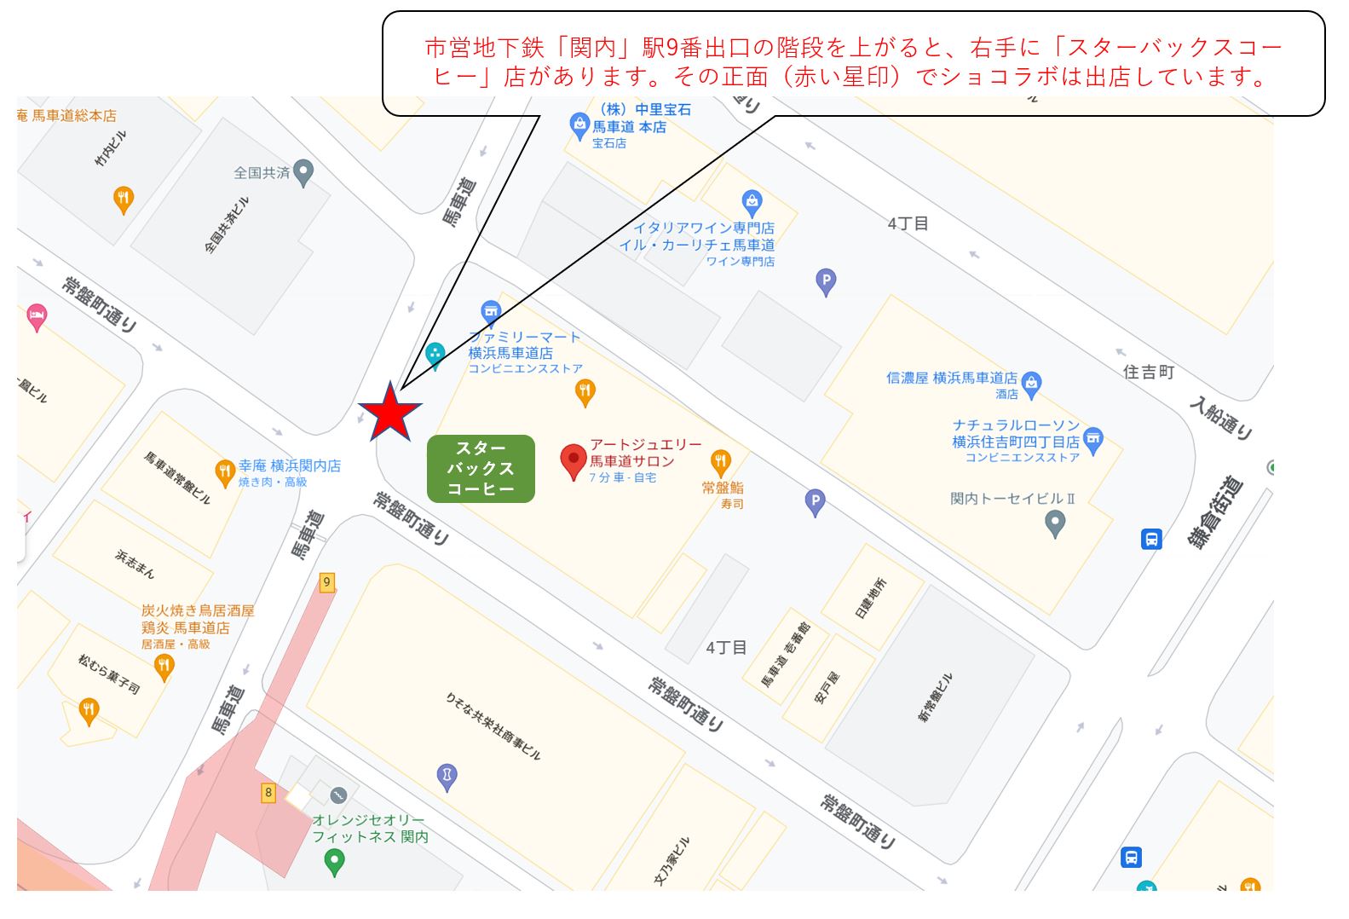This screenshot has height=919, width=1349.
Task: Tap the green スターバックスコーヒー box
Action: click(x=481, y=468)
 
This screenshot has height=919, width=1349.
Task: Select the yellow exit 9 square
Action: click(x=326, y=583)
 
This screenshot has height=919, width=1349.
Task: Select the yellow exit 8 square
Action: click(x=268, y=793)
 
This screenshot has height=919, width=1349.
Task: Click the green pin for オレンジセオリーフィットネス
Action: click(x=335, y=863)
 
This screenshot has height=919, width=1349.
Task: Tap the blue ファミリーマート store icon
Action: click(x=490, y=312)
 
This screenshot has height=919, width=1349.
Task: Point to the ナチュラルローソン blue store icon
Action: click(x=1093, y=440)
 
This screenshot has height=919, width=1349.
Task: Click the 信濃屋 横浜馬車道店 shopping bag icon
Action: click(x=1031, y=384)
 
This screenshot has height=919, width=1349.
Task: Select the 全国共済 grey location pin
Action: click(x=303, y=173)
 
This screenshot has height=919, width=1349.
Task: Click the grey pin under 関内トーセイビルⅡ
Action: click(x=1055, y=523)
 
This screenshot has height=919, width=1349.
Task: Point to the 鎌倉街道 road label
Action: click(x=1216, y=512)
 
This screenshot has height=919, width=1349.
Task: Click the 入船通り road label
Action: click(x=1222, y=419)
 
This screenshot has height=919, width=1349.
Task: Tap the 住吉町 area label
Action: click(x=1148, y=373)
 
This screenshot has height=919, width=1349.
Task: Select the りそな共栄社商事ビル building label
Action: click(x=493, y=725)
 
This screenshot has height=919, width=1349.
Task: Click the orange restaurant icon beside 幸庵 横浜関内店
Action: click(x=225, y=472)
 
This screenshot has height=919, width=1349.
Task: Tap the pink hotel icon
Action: click(x=36, y=317)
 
